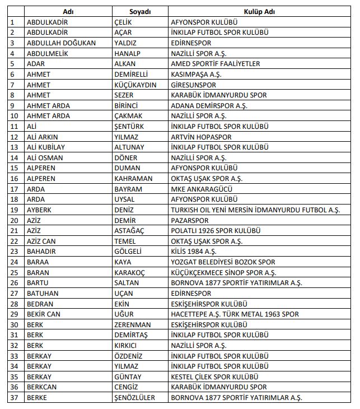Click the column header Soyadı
point(140,11)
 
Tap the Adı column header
point(68,11)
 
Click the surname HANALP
point(128,53)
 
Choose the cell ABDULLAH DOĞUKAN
point(61,43)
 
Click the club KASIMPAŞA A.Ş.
point(195,74)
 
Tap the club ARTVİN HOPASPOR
point(201,137)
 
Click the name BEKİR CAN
point(44,314)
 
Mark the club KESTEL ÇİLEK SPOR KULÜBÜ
point(214,377)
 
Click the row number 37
point(14,397)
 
